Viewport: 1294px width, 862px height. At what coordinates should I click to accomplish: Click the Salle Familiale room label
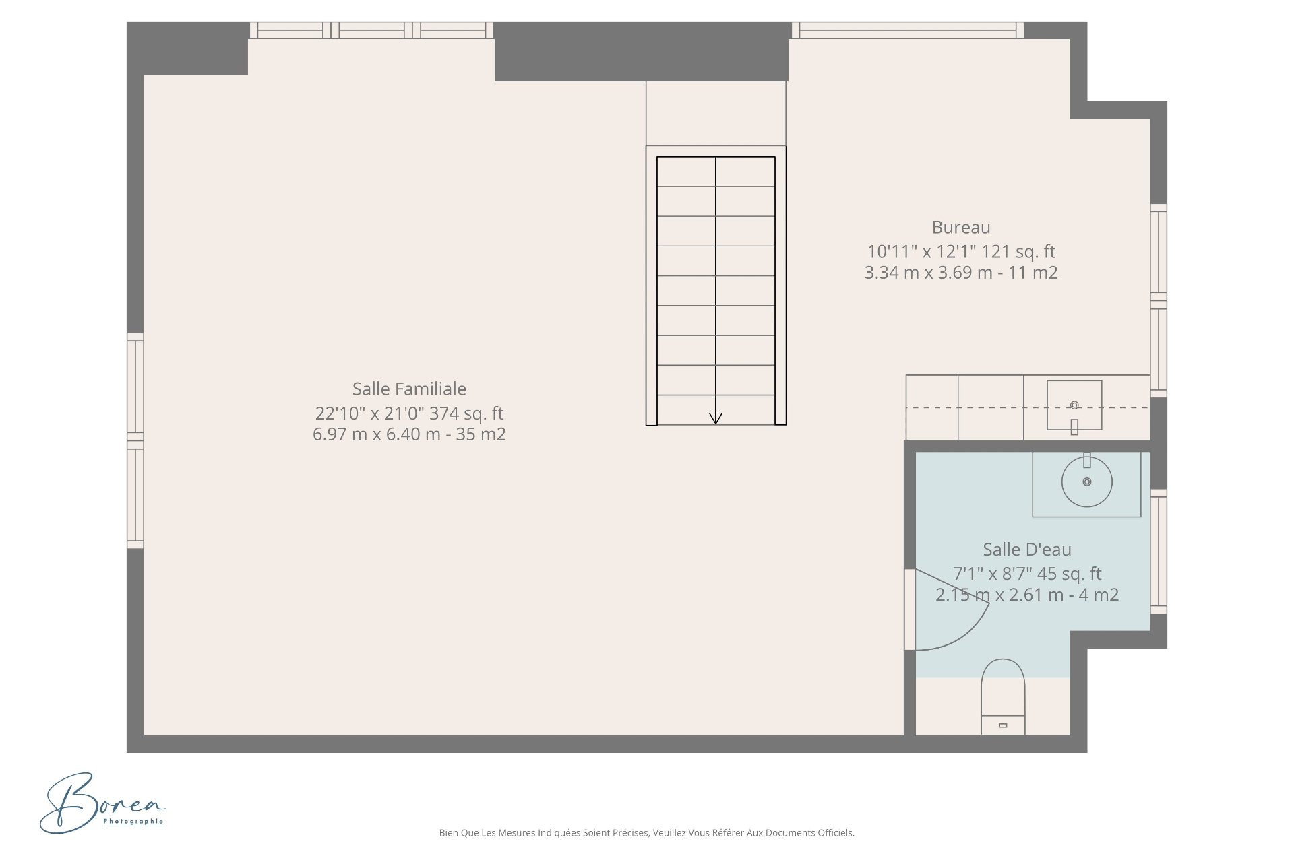(x=409, y=389)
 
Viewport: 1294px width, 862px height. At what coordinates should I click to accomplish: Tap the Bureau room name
(x=961, y=228)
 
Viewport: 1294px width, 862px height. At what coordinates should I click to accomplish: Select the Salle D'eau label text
(x=1027, y=550)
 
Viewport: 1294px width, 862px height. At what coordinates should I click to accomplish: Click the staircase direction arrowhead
(x=716, y=418)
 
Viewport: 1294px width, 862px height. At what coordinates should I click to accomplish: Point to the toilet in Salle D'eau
(x=1003, y=697)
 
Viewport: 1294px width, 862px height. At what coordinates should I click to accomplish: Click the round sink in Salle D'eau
(x=1086, y=482)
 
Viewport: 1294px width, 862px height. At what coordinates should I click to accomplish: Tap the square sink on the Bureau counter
(x=1074, y=405)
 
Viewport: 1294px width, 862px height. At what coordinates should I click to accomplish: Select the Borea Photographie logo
(x=102, y=803)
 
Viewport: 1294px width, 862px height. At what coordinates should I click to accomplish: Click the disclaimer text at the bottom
(x=647, y=833)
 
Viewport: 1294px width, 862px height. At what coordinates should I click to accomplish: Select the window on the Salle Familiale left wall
(x=135, y=440)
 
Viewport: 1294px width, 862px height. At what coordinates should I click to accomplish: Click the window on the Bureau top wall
(x=908, y=30)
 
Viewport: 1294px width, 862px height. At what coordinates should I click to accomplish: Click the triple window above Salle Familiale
(x=371, y=30)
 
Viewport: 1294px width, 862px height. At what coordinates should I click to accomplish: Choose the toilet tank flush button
(x=1003, y=725)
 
